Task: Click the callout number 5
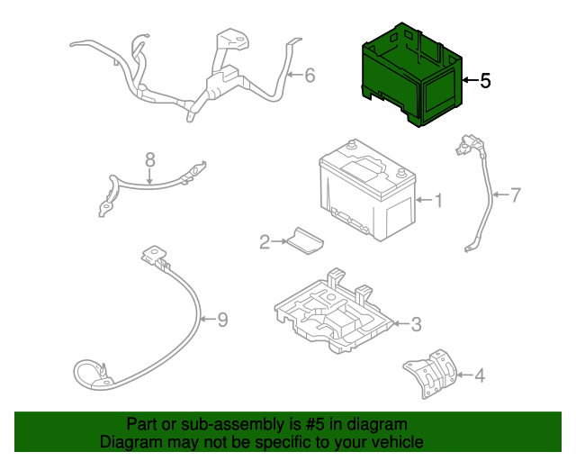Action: [485, 80]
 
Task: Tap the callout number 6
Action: [310, 76]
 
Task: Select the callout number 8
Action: [150, 160]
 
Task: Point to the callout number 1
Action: [438, 201]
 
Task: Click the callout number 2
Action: [265, 242]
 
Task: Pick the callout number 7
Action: [516, 194]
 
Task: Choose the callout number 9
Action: [222, 320]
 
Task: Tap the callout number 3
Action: [416, 324]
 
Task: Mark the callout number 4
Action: [480, 375]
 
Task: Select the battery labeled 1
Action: [367, 189]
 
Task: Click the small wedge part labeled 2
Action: [305, 240]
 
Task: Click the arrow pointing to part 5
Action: [471, 80]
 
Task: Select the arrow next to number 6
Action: [295, 75]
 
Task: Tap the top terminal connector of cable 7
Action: [467, 144]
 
